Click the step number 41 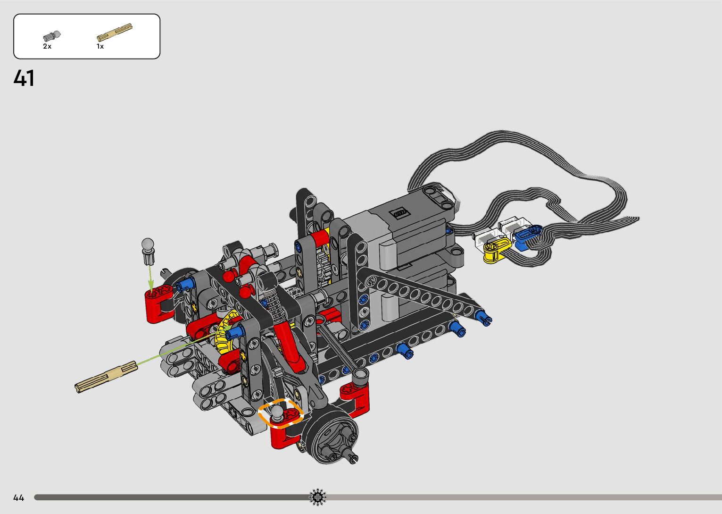pyautogui.click(x=24, y=78)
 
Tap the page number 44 pyautogui.click(x=19, y=498)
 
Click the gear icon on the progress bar pyautogui.click(x=317, y=497)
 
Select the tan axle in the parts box pyautogui.click(x=115, y=32)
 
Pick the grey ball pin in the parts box pyautogui.click(x=51, y=36)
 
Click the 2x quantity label pyautogui.click(x=47, y=46)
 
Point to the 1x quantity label pyautogui.click(x=100, y=46)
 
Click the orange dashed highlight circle pyautogui.click(x=281, y=413)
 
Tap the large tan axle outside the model pyautogui.click(x=106, y=377)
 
